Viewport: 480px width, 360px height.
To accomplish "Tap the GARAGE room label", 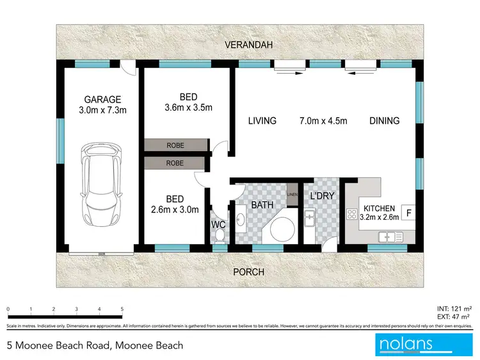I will click(102, 99).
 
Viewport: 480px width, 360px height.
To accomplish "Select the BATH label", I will click(262, 205).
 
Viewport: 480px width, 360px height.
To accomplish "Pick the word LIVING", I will click(262, 120).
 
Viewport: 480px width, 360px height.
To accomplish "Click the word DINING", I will click(384, 120).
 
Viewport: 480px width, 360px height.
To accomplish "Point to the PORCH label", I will click(249, 272).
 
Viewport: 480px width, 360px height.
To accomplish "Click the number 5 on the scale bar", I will click(122, 309).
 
